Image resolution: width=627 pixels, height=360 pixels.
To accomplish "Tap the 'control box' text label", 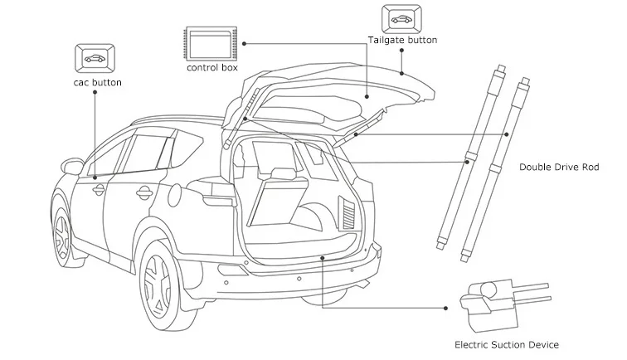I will click(212, 67).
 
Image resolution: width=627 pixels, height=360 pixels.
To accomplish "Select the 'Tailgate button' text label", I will click(402, 39).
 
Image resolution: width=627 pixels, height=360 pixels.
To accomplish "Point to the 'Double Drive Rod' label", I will click(557, 167).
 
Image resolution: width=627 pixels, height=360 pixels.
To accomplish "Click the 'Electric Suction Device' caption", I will click(506, 344).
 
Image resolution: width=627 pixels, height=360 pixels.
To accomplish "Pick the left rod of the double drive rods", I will click(468, 158).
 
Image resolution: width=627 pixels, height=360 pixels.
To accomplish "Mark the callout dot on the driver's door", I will click(95, 176).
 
